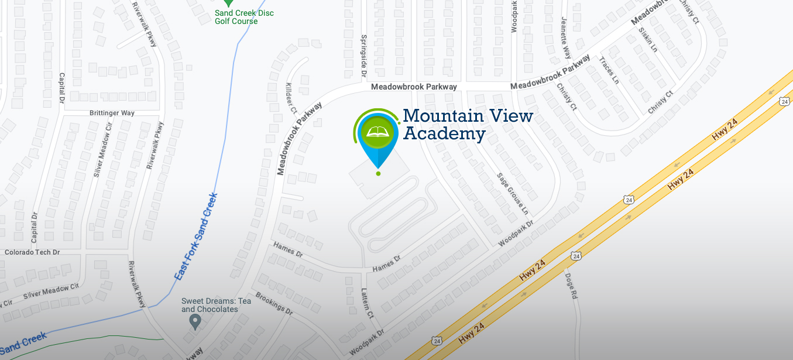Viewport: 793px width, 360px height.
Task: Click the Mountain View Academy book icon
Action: pyautogui.click(x=377, y=132)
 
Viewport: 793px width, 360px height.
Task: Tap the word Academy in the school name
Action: pyautogui.click(x=444, y=134)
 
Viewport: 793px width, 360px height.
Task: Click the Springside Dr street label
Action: pyautogui.click(x=363, y=56)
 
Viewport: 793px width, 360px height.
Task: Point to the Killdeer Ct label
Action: pyautogui.click(x=291, y=98)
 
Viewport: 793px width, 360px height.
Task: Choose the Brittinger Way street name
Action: pyautogui.click(x=112, y=112)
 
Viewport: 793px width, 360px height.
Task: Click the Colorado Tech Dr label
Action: pyautogui.click(x=32, y=252)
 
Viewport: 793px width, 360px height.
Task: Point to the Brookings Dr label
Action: pyautogui.click(x=273, y=303)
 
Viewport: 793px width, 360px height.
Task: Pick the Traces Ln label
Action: pyautogui.click(x=609, y=70)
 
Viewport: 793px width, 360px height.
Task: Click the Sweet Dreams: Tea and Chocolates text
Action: pyautogui.click(x=216, y=305)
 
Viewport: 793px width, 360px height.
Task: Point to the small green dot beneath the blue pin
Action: pyautogui.click(x=378, y=173)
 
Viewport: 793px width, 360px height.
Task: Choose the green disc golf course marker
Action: pyautogui.click(x=229, y=3)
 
